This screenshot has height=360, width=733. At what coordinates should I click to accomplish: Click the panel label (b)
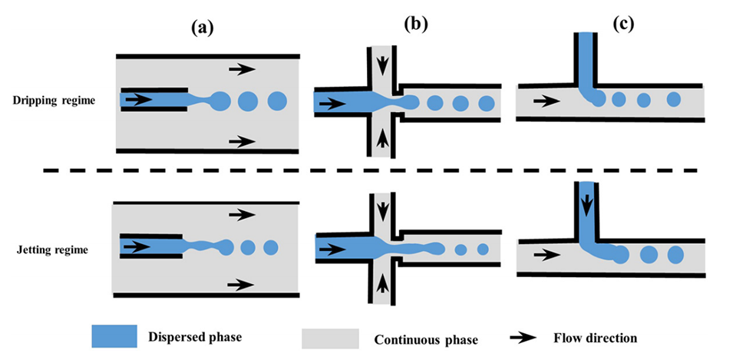[415, 24]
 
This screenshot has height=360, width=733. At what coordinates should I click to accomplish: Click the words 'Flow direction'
[596, 337]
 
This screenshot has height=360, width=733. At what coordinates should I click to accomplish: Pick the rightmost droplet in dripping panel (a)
[276, 101]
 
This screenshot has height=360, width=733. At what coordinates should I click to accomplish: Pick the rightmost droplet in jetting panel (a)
[270, 248]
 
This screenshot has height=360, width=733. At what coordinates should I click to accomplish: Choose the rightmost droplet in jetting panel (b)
[483, 249]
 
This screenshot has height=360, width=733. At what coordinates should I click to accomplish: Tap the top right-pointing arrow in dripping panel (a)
[242, 69]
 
